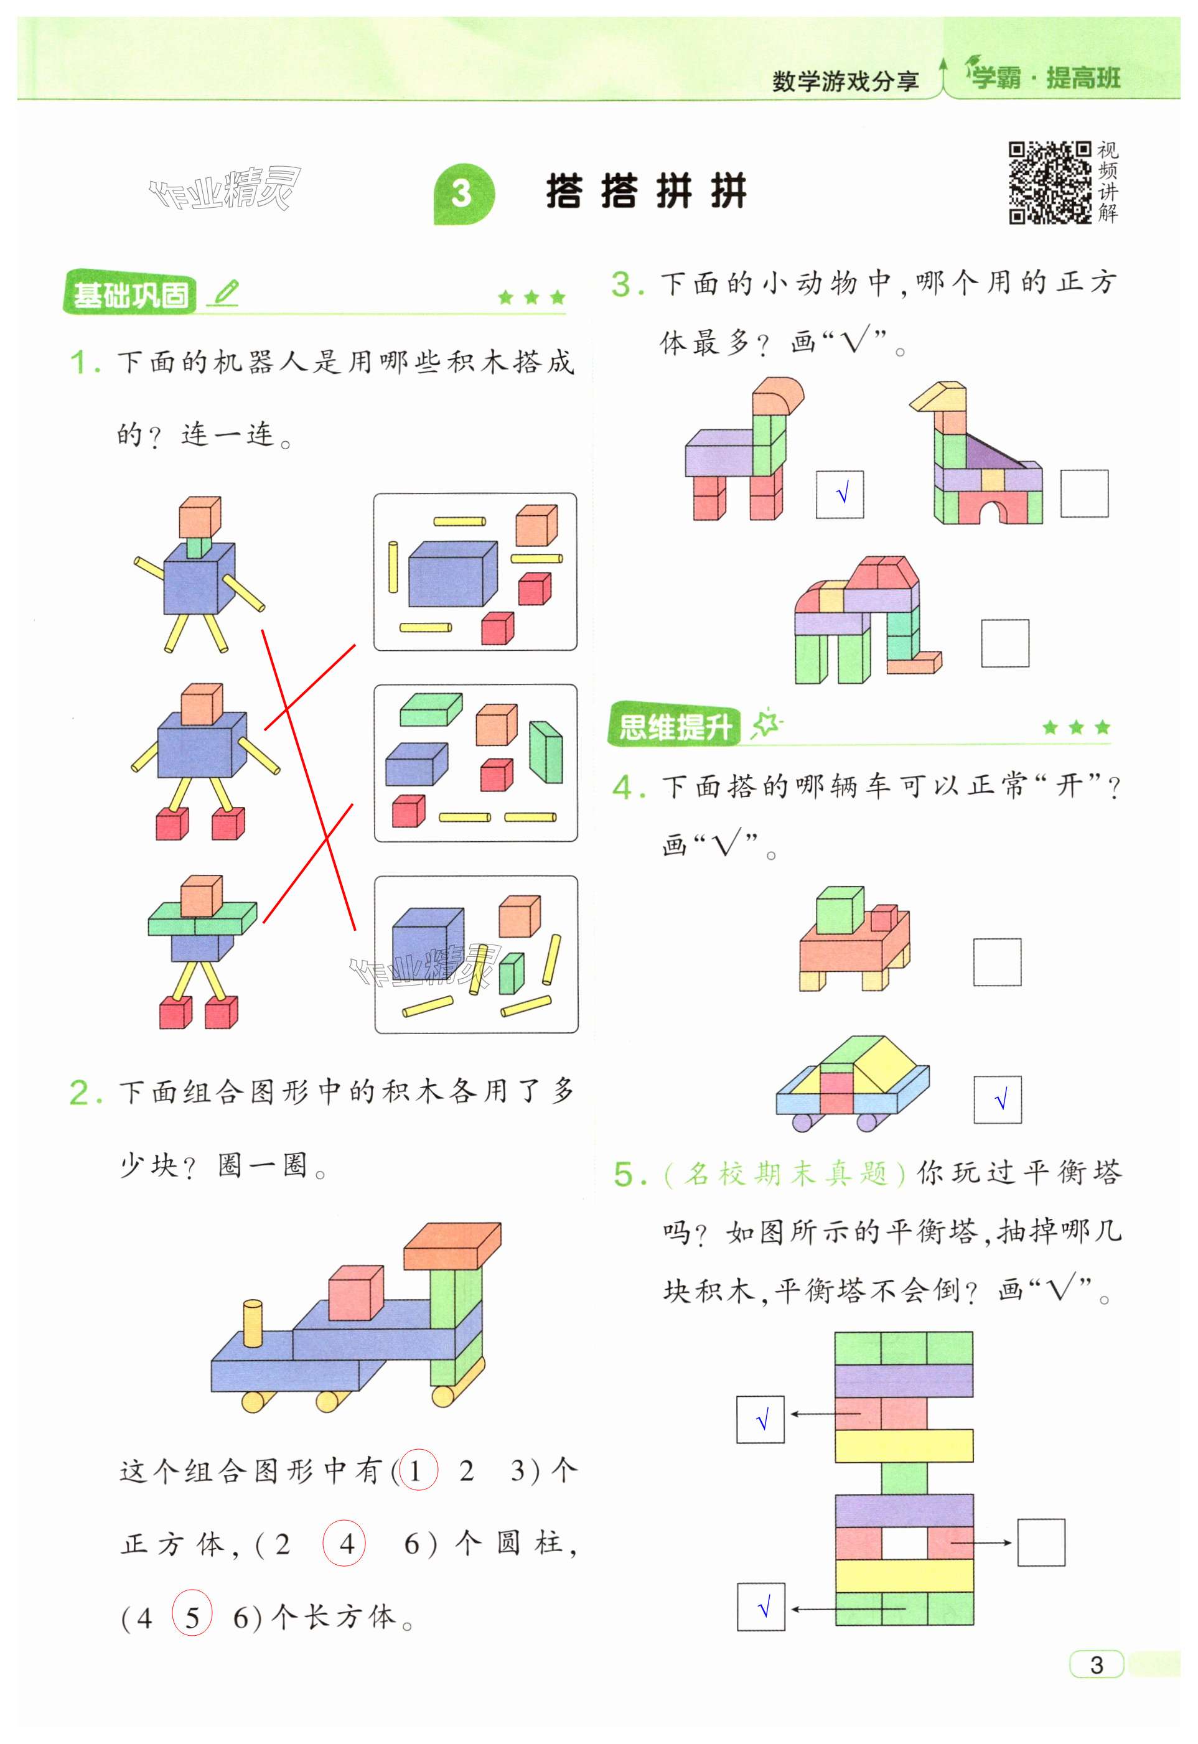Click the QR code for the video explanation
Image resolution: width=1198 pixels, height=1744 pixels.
[x=1049, y=182]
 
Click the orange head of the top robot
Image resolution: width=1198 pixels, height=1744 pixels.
[x=199, y=516]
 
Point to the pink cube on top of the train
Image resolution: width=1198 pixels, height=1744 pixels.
[x=356, y=1292]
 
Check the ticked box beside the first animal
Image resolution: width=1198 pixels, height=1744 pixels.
[x=840, y=494]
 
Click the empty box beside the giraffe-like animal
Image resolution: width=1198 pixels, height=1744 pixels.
[x=1084, y=493]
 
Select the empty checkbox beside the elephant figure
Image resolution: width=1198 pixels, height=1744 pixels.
[x=1004, y=642]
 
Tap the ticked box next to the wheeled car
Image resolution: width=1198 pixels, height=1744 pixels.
[x=998, y=1099]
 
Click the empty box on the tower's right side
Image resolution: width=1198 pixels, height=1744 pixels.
[x=1041, y=1542]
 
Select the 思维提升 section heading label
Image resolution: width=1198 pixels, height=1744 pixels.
[x=674, y=725]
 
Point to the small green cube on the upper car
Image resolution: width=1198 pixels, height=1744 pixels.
[x=838, y=910]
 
